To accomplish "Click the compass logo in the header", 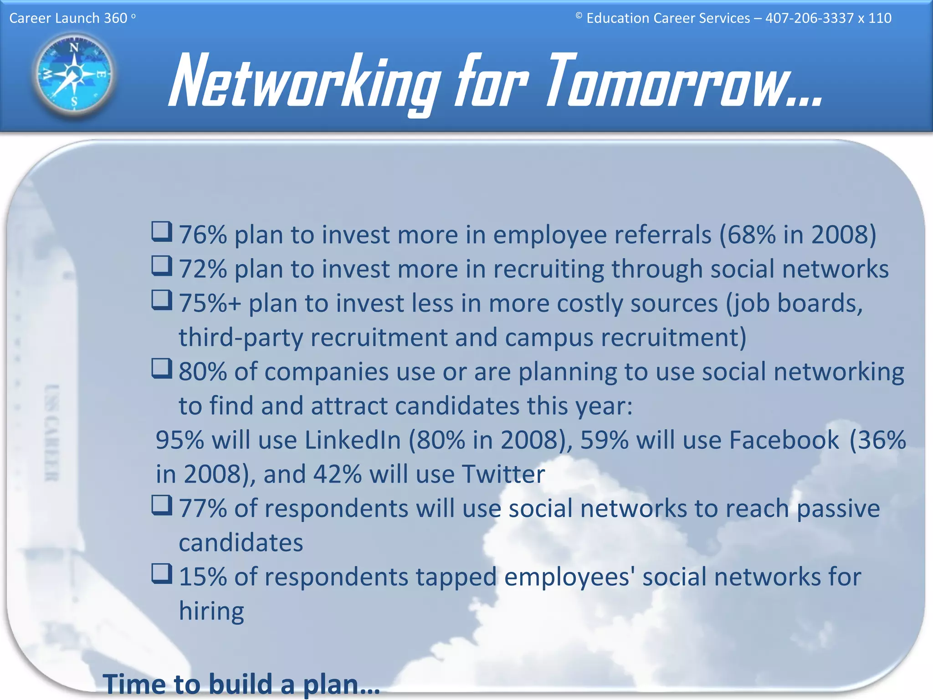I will tap(74, 74).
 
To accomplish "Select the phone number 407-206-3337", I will tap(809, 18).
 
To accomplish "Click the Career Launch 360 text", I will tap(68, 18).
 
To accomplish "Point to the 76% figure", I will tap(203, 235).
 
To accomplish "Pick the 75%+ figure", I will tap(210, 304).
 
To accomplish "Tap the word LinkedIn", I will tap(353, 440).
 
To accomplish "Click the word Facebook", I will tap(784, 440).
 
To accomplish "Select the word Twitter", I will tap(503, 474).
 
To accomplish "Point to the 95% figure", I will tap(179, 440).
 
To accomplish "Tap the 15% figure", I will tap(203, 577).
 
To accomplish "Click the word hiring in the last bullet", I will tap(211, 611).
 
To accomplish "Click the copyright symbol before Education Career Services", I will tap(579, 16).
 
